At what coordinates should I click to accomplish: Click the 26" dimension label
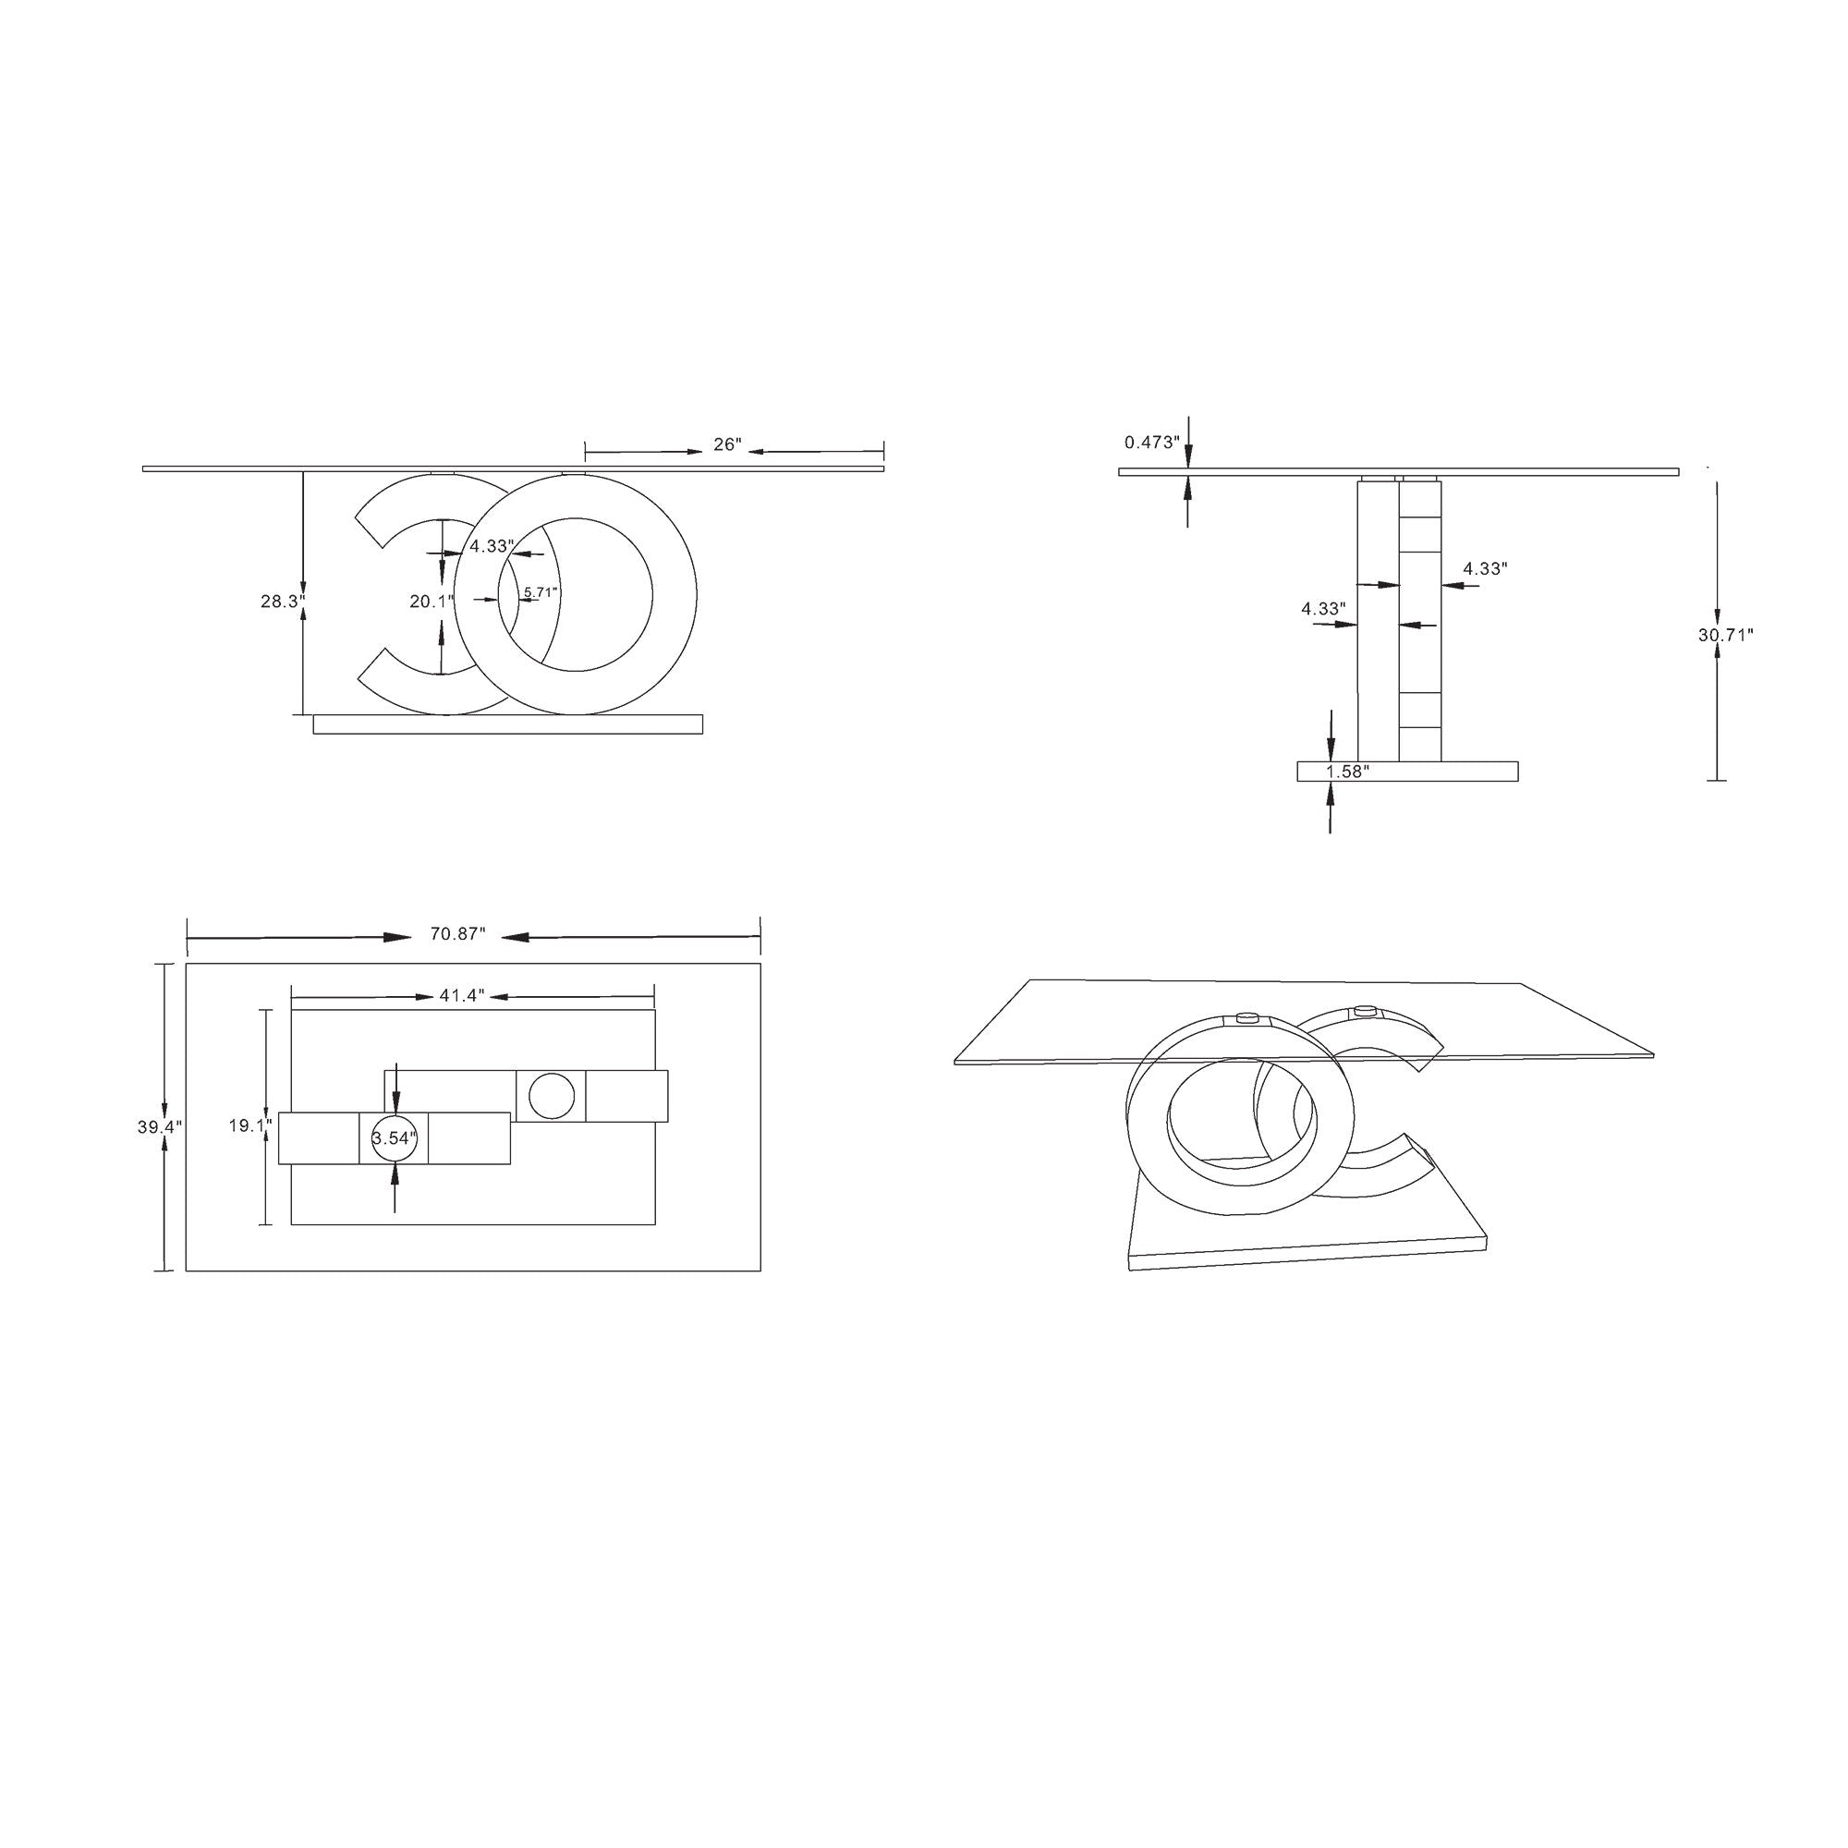727,444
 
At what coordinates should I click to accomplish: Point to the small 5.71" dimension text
541,592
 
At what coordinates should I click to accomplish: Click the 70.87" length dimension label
458,934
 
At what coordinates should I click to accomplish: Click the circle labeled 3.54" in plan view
395,1138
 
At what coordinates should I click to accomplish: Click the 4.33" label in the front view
492,547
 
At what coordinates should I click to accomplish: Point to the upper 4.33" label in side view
1485,568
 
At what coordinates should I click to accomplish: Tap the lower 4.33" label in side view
1324,608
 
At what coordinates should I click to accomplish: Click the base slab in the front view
507,724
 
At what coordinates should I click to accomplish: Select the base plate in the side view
1407,771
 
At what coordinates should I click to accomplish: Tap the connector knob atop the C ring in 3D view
1364,1009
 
